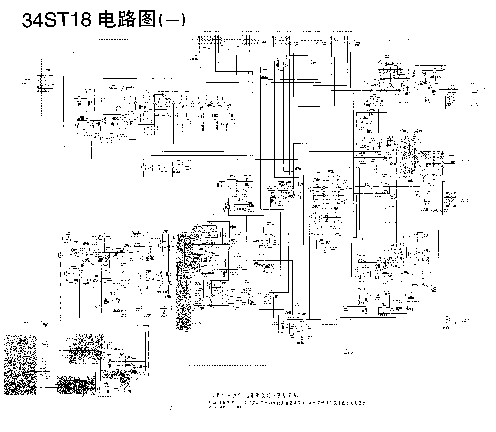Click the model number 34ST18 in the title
[56, 21]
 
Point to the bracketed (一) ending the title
[172, 21]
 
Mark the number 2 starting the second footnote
[210, 407]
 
